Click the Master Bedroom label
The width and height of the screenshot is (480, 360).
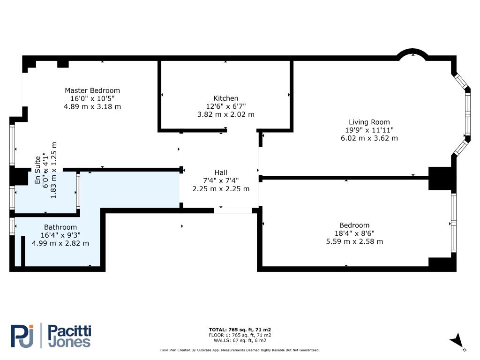click(92, 90)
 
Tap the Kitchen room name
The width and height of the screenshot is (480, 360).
click(225, 98)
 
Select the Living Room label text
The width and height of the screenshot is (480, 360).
click(369, 122)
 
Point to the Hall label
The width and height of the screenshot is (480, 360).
click(221, 172)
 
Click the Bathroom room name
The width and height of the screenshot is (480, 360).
click(60, 227)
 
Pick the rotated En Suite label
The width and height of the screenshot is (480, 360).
click(37, 170)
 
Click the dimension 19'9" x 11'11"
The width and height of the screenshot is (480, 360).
click(369, 130)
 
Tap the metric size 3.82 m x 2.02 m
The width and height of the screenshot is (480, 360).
click(225, 114)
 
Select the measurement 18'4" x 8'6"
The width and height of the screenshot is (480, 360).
click(354, 233)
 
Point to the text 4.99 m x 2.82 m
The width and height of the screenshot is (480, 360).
click(60, 243)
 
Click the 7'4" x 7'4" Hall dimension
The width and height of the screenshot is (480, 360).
click(221, 180)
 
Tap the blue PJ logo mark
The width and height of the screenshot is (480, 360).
click(22, 336)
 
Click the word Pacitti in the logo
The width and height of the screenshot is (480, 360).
click(69, 331)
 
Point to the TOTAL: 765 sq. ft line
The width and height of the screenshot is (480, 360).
click(240, 330)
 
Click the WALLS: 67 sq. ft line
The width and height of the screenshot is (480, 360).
click(240, 340)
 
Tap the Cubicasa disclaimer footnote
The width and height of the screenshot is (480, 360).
click(240, 350)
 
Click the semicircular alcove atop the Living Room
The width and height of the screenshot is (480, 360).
click(412, 51)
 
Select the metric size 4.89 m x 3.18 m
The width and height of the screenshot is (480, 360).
click(92, 107)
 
